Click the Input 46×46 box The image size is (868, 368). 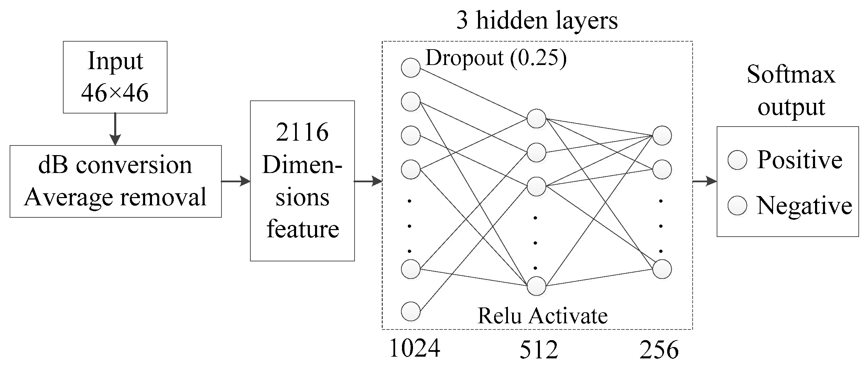tap(115, 77)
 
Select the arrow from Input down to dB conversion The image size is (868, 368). tap(115, 129)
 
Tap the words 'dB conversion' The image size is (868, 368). tap(115, 165)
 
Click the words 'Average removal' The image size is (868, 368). tap(115, 197)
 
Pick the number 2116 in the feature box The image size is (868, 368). tap(302, 132)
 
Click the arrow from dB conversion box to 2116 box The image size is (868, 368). tap(236, 181)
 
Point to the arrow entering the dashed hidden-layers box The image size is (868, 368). tap(368, 181)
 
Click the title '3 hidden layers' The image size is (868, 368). tap(537, 21)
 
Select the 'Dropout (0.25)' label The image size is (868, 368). tap(496, 58)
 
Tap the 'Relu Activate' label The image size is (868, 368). tap(542, 316)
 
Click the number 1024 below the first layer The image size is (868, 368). tap(414, 349)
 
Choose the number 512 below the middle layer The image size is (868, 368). tap(539, 350)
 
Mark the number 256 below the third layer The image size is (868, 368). tap(659, 350)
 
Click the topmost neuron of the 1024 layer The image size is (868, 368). tap(411, 67)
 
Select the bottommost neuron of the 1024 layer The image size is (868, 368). tap(411, 311)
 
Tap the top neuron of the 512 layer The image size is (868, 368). tap(536, 119)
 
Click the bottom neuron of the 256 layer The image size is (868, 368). tap(662, 269)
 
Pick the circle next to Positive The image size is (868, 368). tap(737, 160)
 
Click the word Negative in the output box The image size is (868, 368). tap(804, 206)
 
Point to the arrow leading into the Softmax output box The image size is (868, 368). tap(705, 181)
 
